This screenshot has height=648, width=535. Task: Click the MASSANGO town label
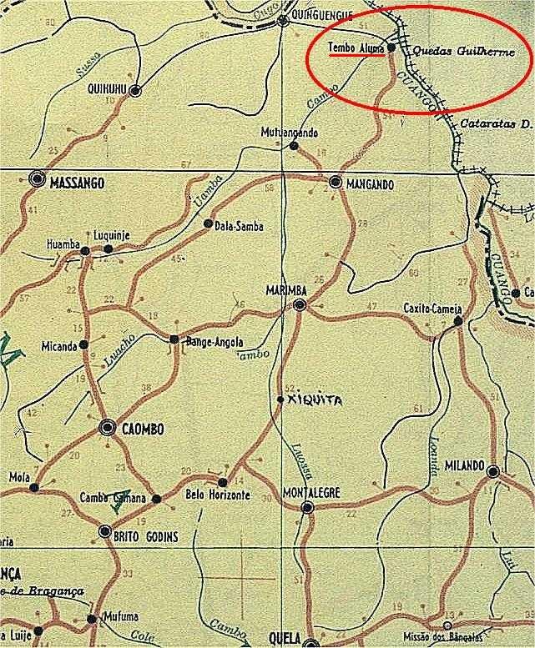point(78,181)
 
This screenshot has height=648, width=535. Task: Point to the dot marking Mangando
point(335,181)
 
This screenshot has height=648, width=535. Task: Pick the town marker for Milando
point(493,471)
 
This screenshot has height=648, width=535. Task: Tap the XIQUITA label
point(314,400)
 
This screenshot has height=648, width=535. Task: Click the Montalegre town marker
point(307,506)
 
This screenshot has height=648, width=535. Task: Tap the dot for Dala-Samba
point(209,224)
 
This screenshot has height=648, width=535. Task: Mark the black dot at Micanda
point(84,344)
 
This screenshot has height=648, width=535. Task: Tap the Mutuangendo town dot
point(293,146)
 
